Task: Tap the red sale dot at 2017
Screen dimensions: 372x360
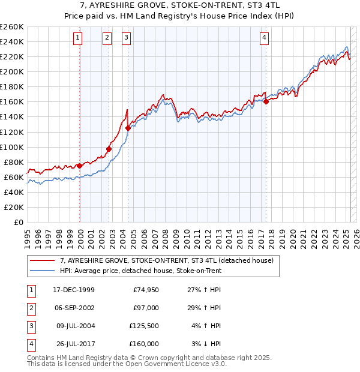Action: (x=266, y=102)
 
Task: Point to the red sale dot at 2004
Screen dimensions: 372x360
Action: (x=128, y=128)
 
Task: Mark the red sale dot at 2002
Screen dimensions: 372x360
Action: (x=109, y=149)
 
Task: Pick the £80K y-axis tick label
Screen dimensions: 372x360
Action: (x=13, y=162)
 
